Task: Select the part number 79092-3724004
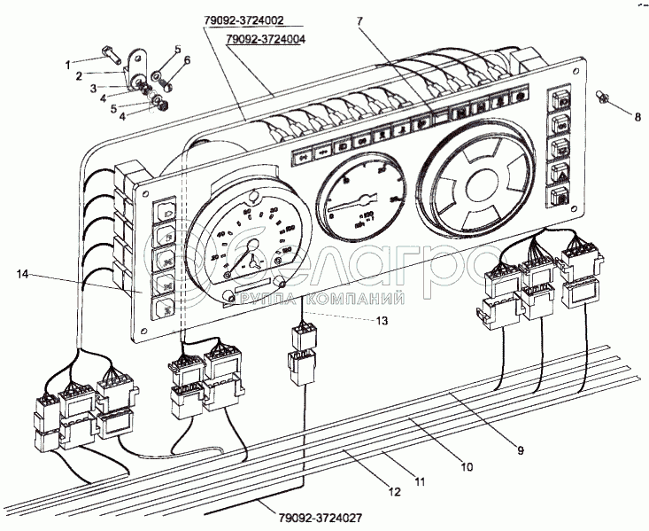coord(266,41)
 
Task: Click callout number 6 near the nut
coord(187,59)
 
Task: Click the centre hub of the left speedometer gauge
coord(252,259)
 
